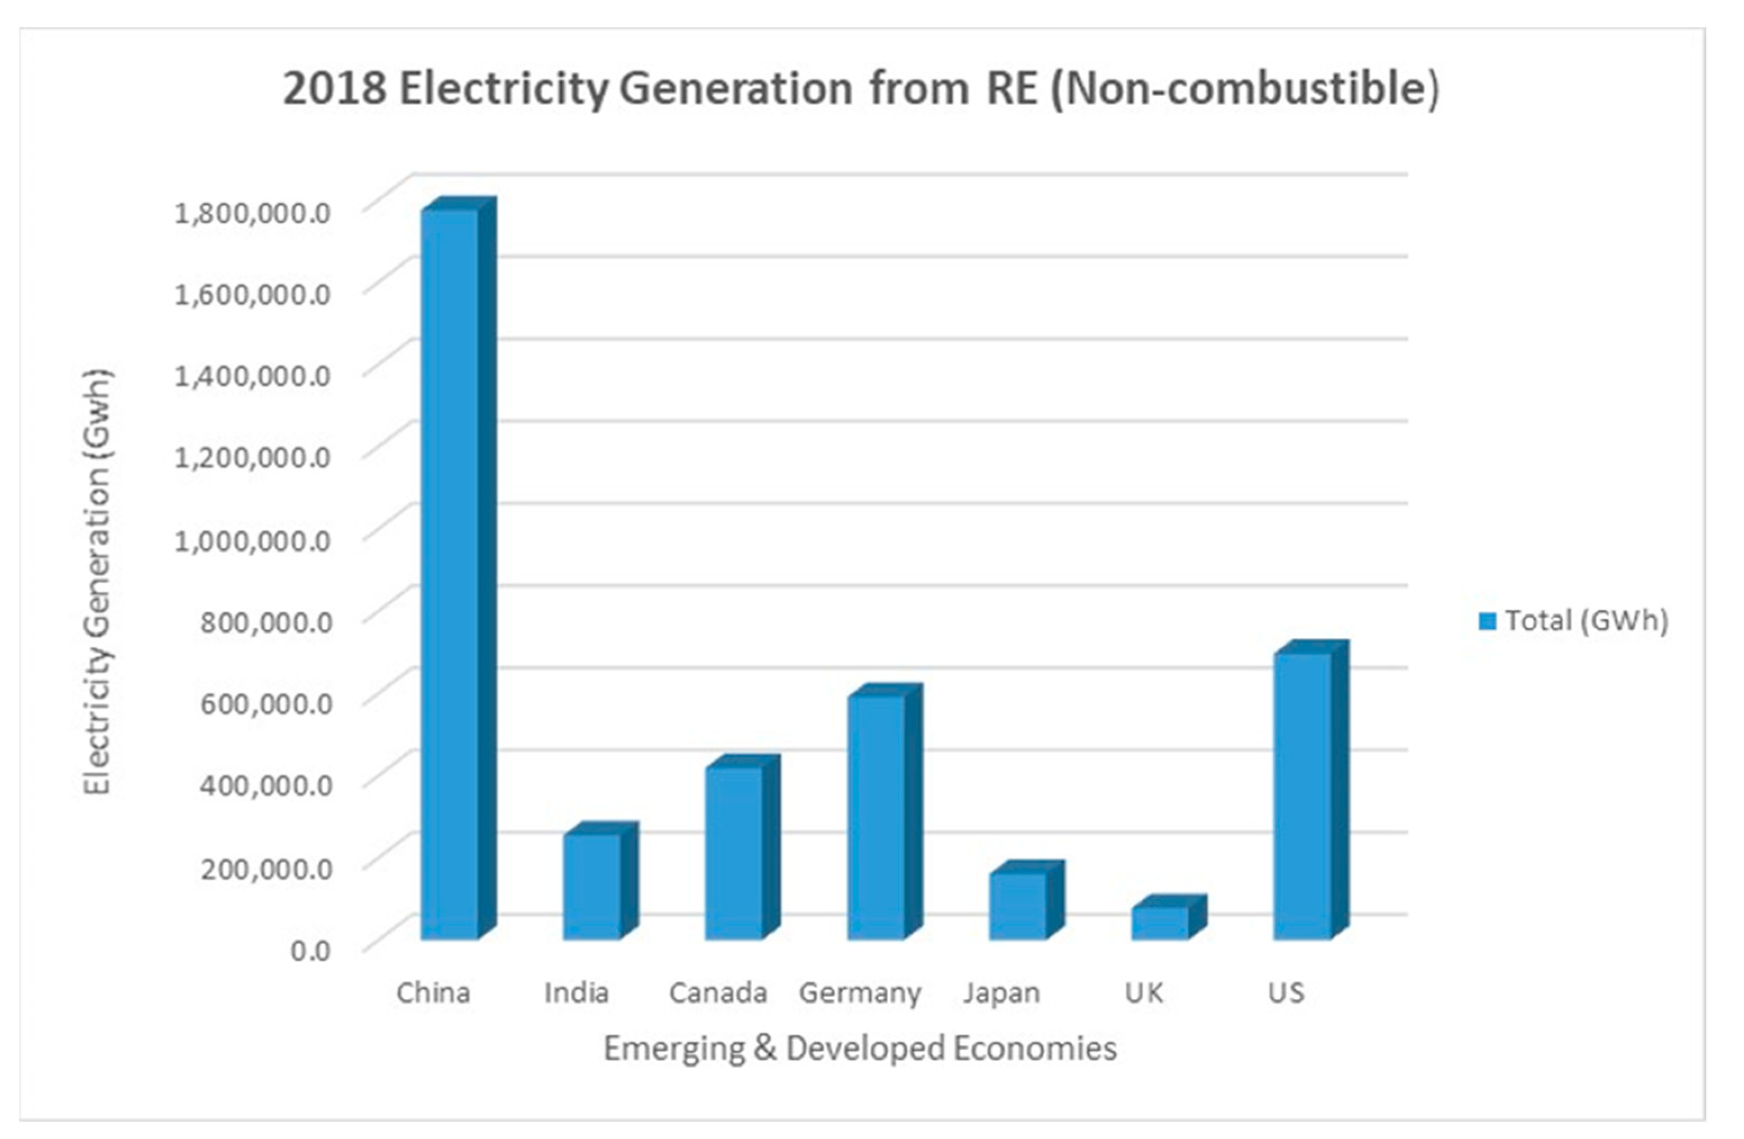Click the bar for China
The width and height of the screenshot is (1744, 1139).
click(x=450, y=572)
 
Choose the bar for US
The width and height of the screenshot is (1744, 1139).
click(x=1302, y=795)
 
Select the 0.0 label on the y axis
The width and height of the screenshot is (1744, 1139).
click(x=311, y=951)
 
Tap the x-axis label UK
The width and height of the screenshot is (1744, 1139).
click(x=1144, y=993)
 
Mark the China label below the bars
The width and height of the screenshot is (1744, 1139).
click(x=433, y=993)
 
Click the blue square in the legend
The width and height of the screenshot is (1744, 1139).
click(x=1487, y=622)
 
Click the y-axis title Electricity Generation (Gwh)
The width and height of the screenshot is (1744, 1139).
click(x=98, y=582)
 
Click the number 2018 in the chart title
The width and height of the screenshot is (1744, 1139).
click(x=335, y=89)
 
